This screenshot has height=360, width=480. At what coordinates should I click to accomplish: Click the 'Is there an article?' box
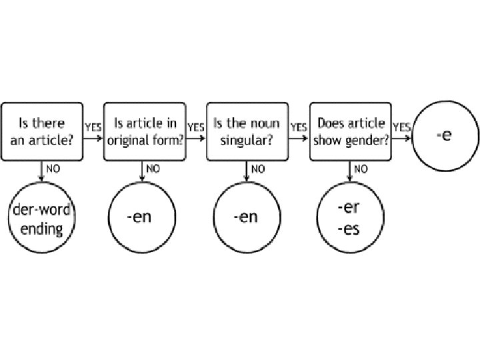42,131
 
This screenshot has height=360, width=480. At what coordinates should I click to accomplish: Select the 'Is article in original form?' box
145,131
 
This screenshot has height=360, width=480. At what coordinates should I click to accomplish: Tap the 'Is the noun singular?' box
248,131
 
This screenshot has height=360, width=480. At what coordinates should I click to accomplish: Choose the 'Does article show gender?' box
351,131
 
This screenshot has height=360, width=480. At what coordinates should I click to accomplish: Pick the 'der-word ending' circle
42,219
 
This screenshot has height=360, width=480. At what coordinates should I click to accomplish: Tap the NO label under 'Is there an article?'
53,169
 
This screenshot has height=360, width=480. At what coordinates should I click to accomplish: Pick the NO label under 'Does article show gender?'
361,169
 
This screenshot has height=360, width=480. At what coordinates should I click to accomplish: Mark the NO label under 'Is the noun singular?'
257,169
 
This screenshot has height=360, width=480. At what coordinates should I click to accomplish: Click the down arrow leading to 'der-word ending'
42,172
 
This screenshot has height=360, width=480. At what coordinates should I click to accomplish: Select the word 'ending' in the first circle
41,229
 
